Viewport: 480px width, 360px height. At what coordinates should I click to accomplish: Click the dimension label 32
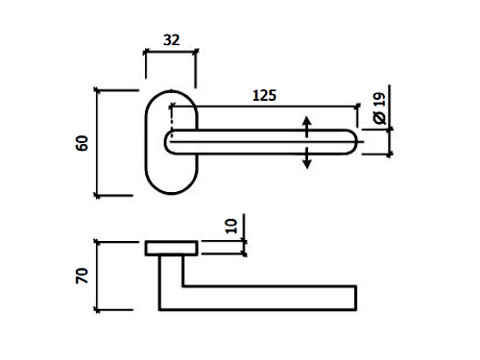tap(172, 40)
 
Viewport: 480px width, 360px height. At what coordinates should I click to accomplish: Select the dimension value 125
tap(264, 95)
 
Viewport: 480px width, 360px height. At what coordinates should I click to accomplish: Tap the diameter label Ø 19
tap(379, 108)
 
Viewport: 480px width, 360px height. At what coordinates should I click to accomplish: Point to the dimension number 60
tap(82, 143)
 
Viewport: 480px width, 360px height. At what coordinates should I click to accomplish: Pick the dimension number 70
tap(82, 276)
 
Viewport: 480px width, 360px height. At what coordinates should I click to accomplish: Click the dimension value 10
tap(231, 227)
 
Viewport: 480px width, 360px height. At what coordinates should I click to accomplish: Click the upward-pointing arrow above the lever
tap(307, 127)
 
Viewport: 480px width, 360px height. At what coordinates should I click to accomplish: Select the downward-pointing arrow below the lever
tap(307, 157)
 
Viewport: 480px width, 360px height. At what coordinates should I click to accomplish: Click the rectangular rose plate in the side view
tap(171, 249)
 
